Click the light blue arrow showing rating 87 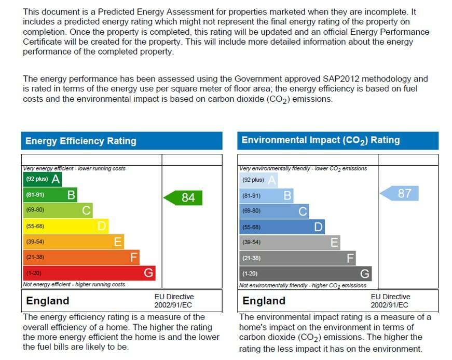pos(400,194)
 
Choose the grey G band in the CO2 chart pos(305,274)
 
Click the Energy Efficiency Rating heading pos(81,141)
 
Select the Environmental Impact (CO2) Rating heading pos(321,140)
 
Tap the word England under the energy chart pos(48,301)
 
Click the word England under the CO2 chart pos(264,301)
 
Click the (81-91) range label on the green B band pos(35,195)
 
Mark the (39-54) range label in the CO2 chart pos(251,243)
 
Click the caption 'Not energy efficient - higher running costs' pos(74,285)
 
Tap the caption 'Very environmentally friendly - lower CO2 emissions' pos(303,168)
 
